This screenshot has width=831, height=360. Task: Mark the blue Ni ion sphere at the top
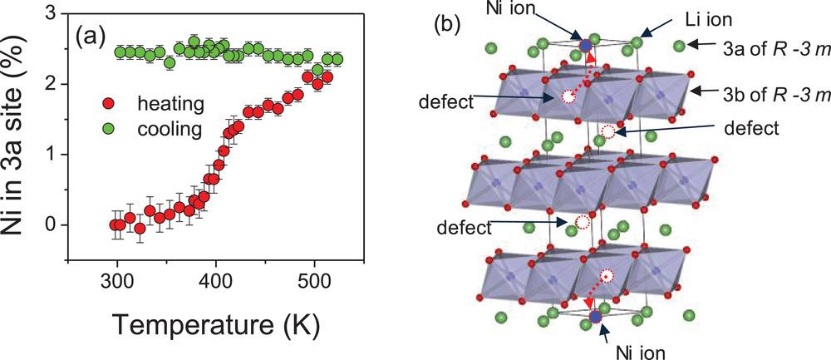[587, 45]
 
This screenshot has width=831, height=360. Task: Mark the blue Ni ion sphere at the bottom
[596, 318]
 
